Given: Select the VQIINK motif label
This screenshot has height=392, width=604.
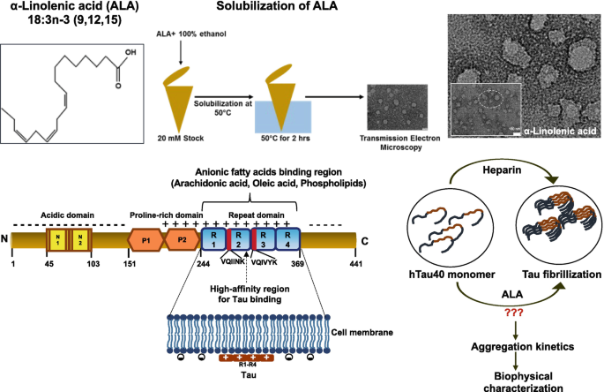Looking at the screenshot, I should click(235, 262).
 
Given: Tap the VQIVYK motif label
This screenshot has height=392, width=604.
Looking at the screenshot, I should click(272, 262).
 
